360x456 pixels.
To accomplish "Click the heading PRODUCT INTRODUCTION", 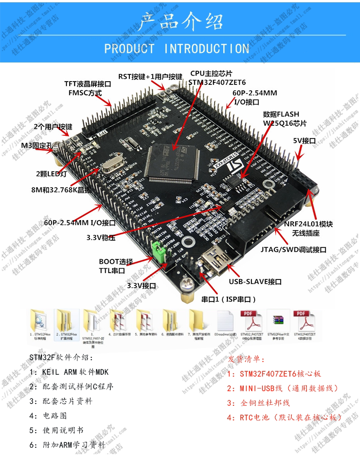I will pyautogui.click(x=177, y=48).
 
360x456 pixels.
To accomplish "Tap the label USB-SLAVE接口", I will pyautogui.click(x=255, y=282).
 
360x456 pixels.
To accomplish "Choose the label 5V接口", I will pyautogui.click(x=304, y=141).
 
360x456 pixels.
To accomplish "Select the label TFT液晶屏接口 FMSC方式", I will pyautogui.click(x=87, y=88).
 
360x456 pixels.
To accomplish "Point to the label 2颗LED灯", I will pyautogui.click(x=51, y=174).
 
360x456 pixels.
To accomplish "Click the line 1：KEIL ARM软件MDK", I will pyautogui.click(x=69, y=372).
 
